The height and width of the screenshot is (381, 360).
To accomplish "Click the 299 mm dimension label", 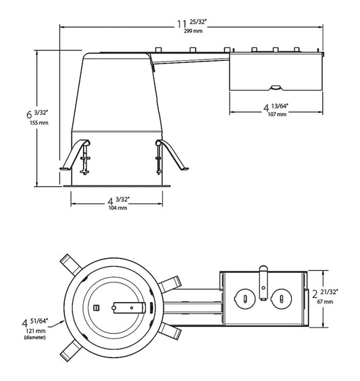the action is pyautogui.click(x=193, y=31).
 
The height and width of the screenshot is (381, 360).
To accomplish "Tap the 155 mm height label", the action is pyautogui.click(x=39, y=123).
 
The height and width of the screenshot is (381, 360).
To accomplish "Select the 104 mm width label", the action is pyautogui.click(x=118, y=208).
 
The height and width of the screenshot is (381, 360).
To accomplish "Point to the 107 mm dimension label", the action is pyautogui.click(x=277, y=114).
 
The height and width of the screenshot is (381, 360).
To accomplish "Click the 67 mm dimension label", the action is pyautogui.click(x=325, y=302).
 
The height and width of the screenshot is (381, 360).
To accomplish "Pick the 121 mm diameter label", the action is pyautogui.click(x=36, y=331).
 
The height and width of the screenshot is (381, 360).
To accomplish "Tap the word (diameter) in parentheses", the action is pyautogui.click(x=34, y=338).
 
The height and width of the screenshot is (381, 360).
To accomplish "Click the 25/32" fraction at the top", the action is pyautogui.click(x=198, y=22).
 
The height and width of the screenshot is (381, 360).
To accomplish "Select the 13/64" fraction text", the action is pyautogui.click(x=280, y=106).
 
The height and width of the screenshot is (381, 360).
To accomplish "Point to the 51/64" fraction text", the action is pyautogui.click(x=39, y=321).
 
